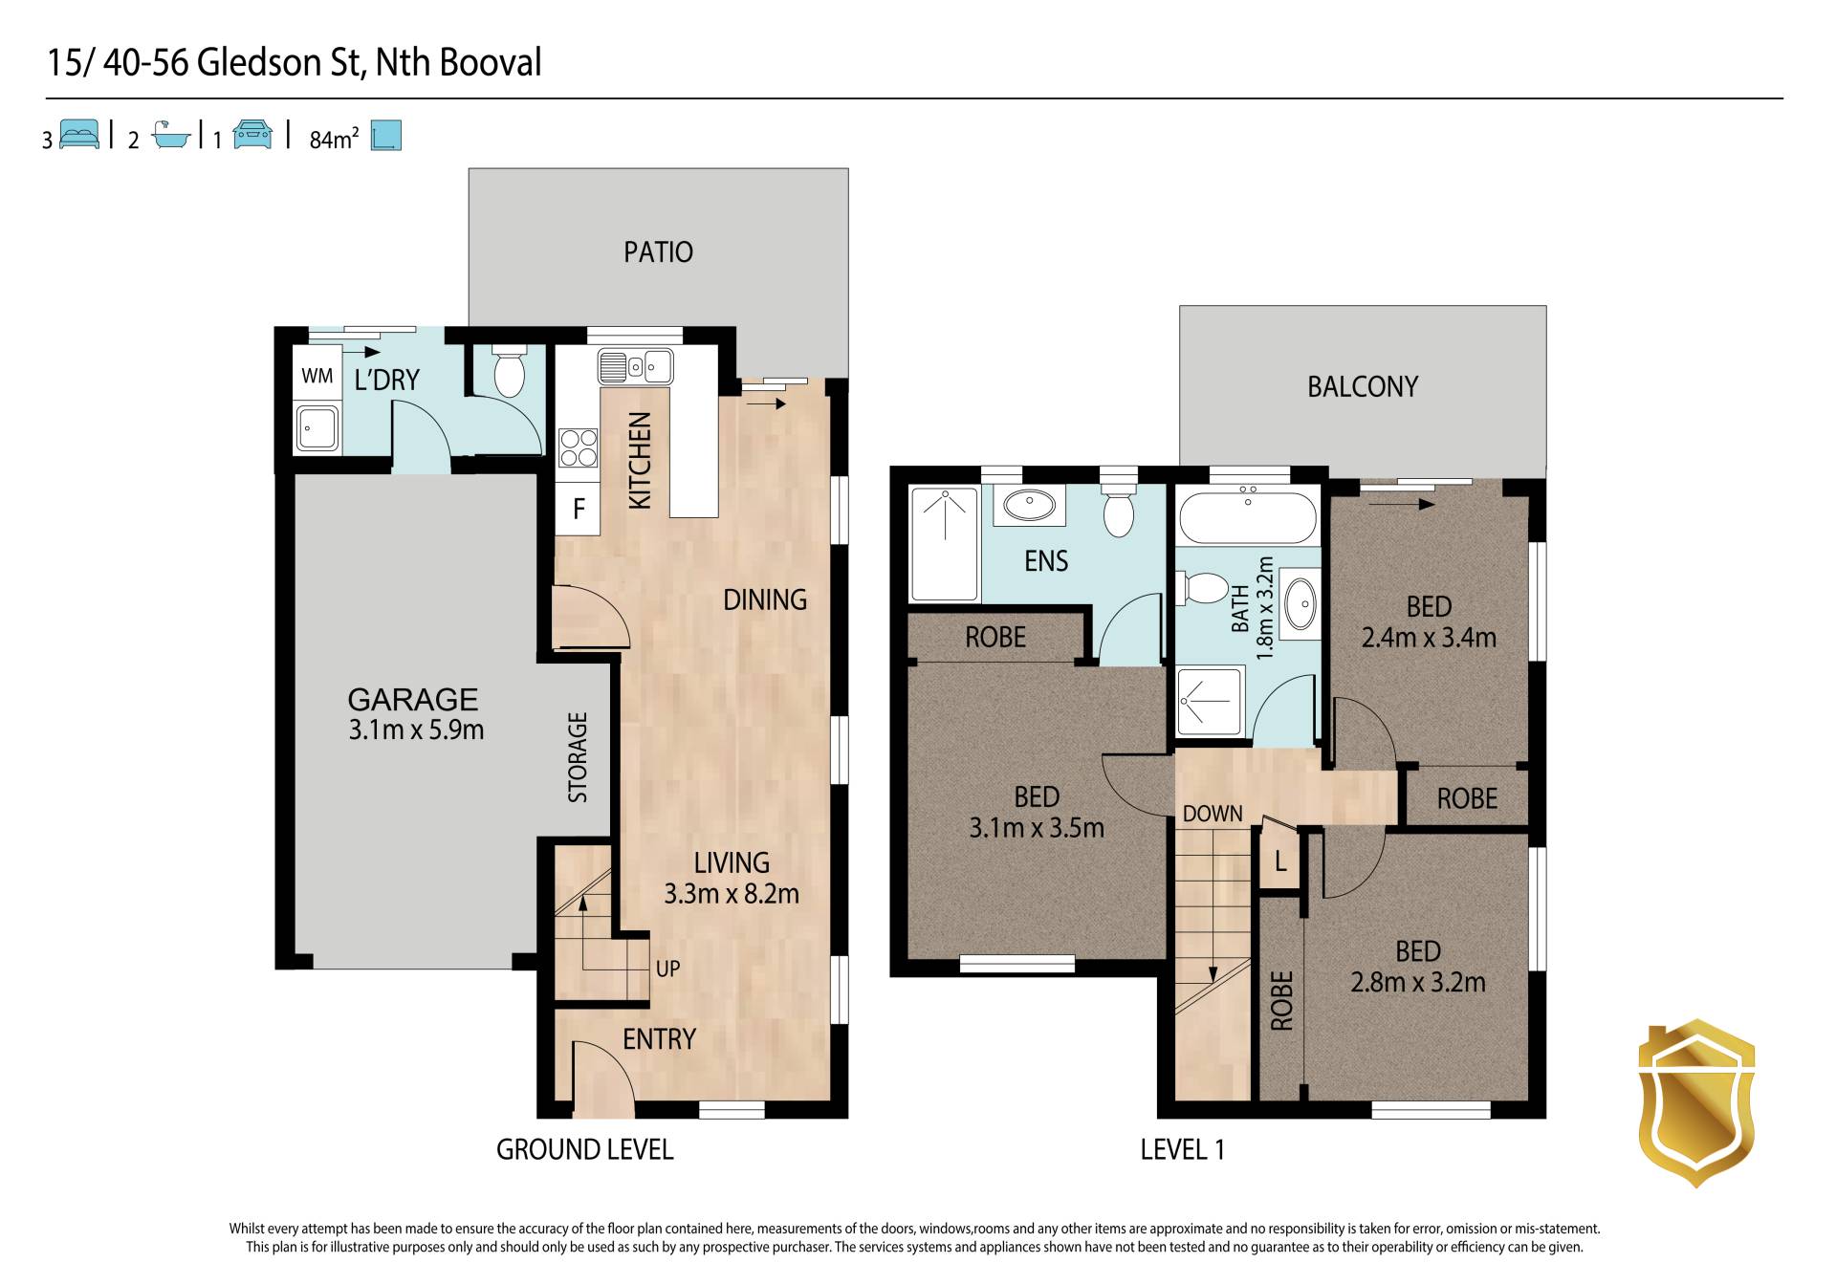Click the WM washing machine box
click(x=317, y=376)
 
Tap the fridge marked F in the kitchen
click(x=579, y=509)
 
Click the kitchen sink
click(x=636, y=366)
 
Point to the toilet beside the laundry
click(x=510, y=371)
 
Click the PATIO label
click(x=658, y=252)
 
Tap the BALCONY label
click(x=1363, y=387)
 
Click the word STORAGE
click(x=578, y=757)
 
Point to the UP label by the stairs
click(x=667, y=969)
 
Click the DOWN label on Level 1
click(x=1213, y=814)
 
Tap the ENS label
click(x=1046, y=561)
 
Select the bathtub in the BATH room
click(x=1248, y=516)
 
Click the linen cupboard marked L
click(x=1280, y=861)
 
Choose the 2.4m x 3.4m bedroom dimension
click(x=1429, y=638)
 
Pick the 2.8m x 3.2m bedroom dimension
click(x=1418, y=983)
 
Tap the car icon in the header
click(x=252, y=135)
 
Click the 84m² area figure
click(x=334, y=139)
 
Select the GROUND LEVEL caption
click(x=585, y=1149)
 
